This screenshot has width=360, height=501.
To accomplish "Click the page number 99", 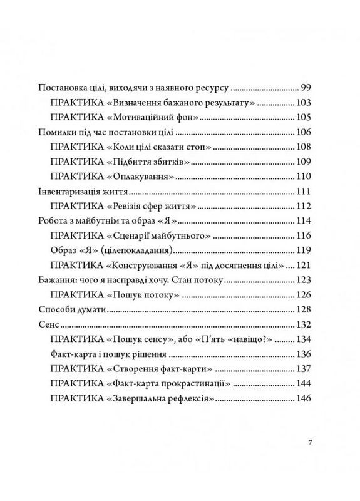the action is click(306, 87).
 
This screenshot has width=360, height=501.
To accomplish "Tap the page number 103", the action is click(303, 102).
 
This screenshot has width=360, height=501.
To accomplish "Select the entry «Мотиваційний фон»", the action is click(147, 117).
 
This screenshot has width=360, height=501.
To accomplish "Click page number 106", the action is click(303, 132).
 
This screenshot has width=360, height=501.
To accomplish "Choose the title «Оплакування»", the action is click(141, 177).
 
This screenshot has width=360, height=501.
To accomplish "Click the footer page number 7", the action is click(310, 443).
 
